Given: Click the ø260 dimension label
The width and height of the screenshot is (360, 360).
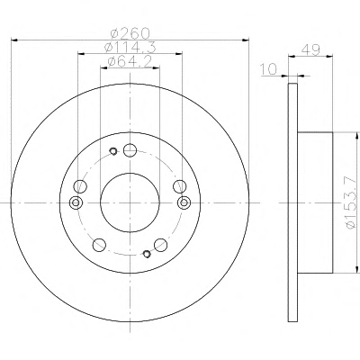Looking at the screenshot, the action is [x=130, y=32].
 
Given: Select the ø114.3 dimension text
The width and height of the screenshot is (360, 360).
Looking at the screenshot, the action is [x=130, y=47].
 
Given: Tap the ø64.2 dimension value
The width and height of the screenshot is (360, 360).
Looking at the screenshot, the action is [x=129, y=62].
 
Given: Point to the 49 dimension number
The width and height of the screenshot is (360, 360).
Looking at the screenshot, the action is [x=310, y=49].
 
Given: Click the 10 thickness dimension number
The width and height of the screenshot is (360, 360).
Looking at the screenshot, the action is [x=269, y=69].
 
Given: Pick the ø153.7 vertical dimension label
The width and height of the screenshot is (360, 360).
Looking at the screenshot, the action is [x=352, y=203].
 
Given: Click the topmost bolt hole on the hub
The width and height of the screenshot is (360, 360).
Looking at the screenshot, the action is [x=130, y=150].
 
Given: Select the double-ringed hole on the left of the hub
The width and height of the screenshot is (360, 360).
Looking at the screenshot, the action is [x=76, y=202].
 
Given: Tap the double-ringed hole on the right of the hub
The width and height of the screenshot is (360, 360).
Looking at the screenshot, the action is [x=184, y=202].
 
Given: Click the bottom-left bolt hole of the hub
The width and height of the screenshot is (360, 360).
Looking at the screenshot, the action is [x=99, y=245].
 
